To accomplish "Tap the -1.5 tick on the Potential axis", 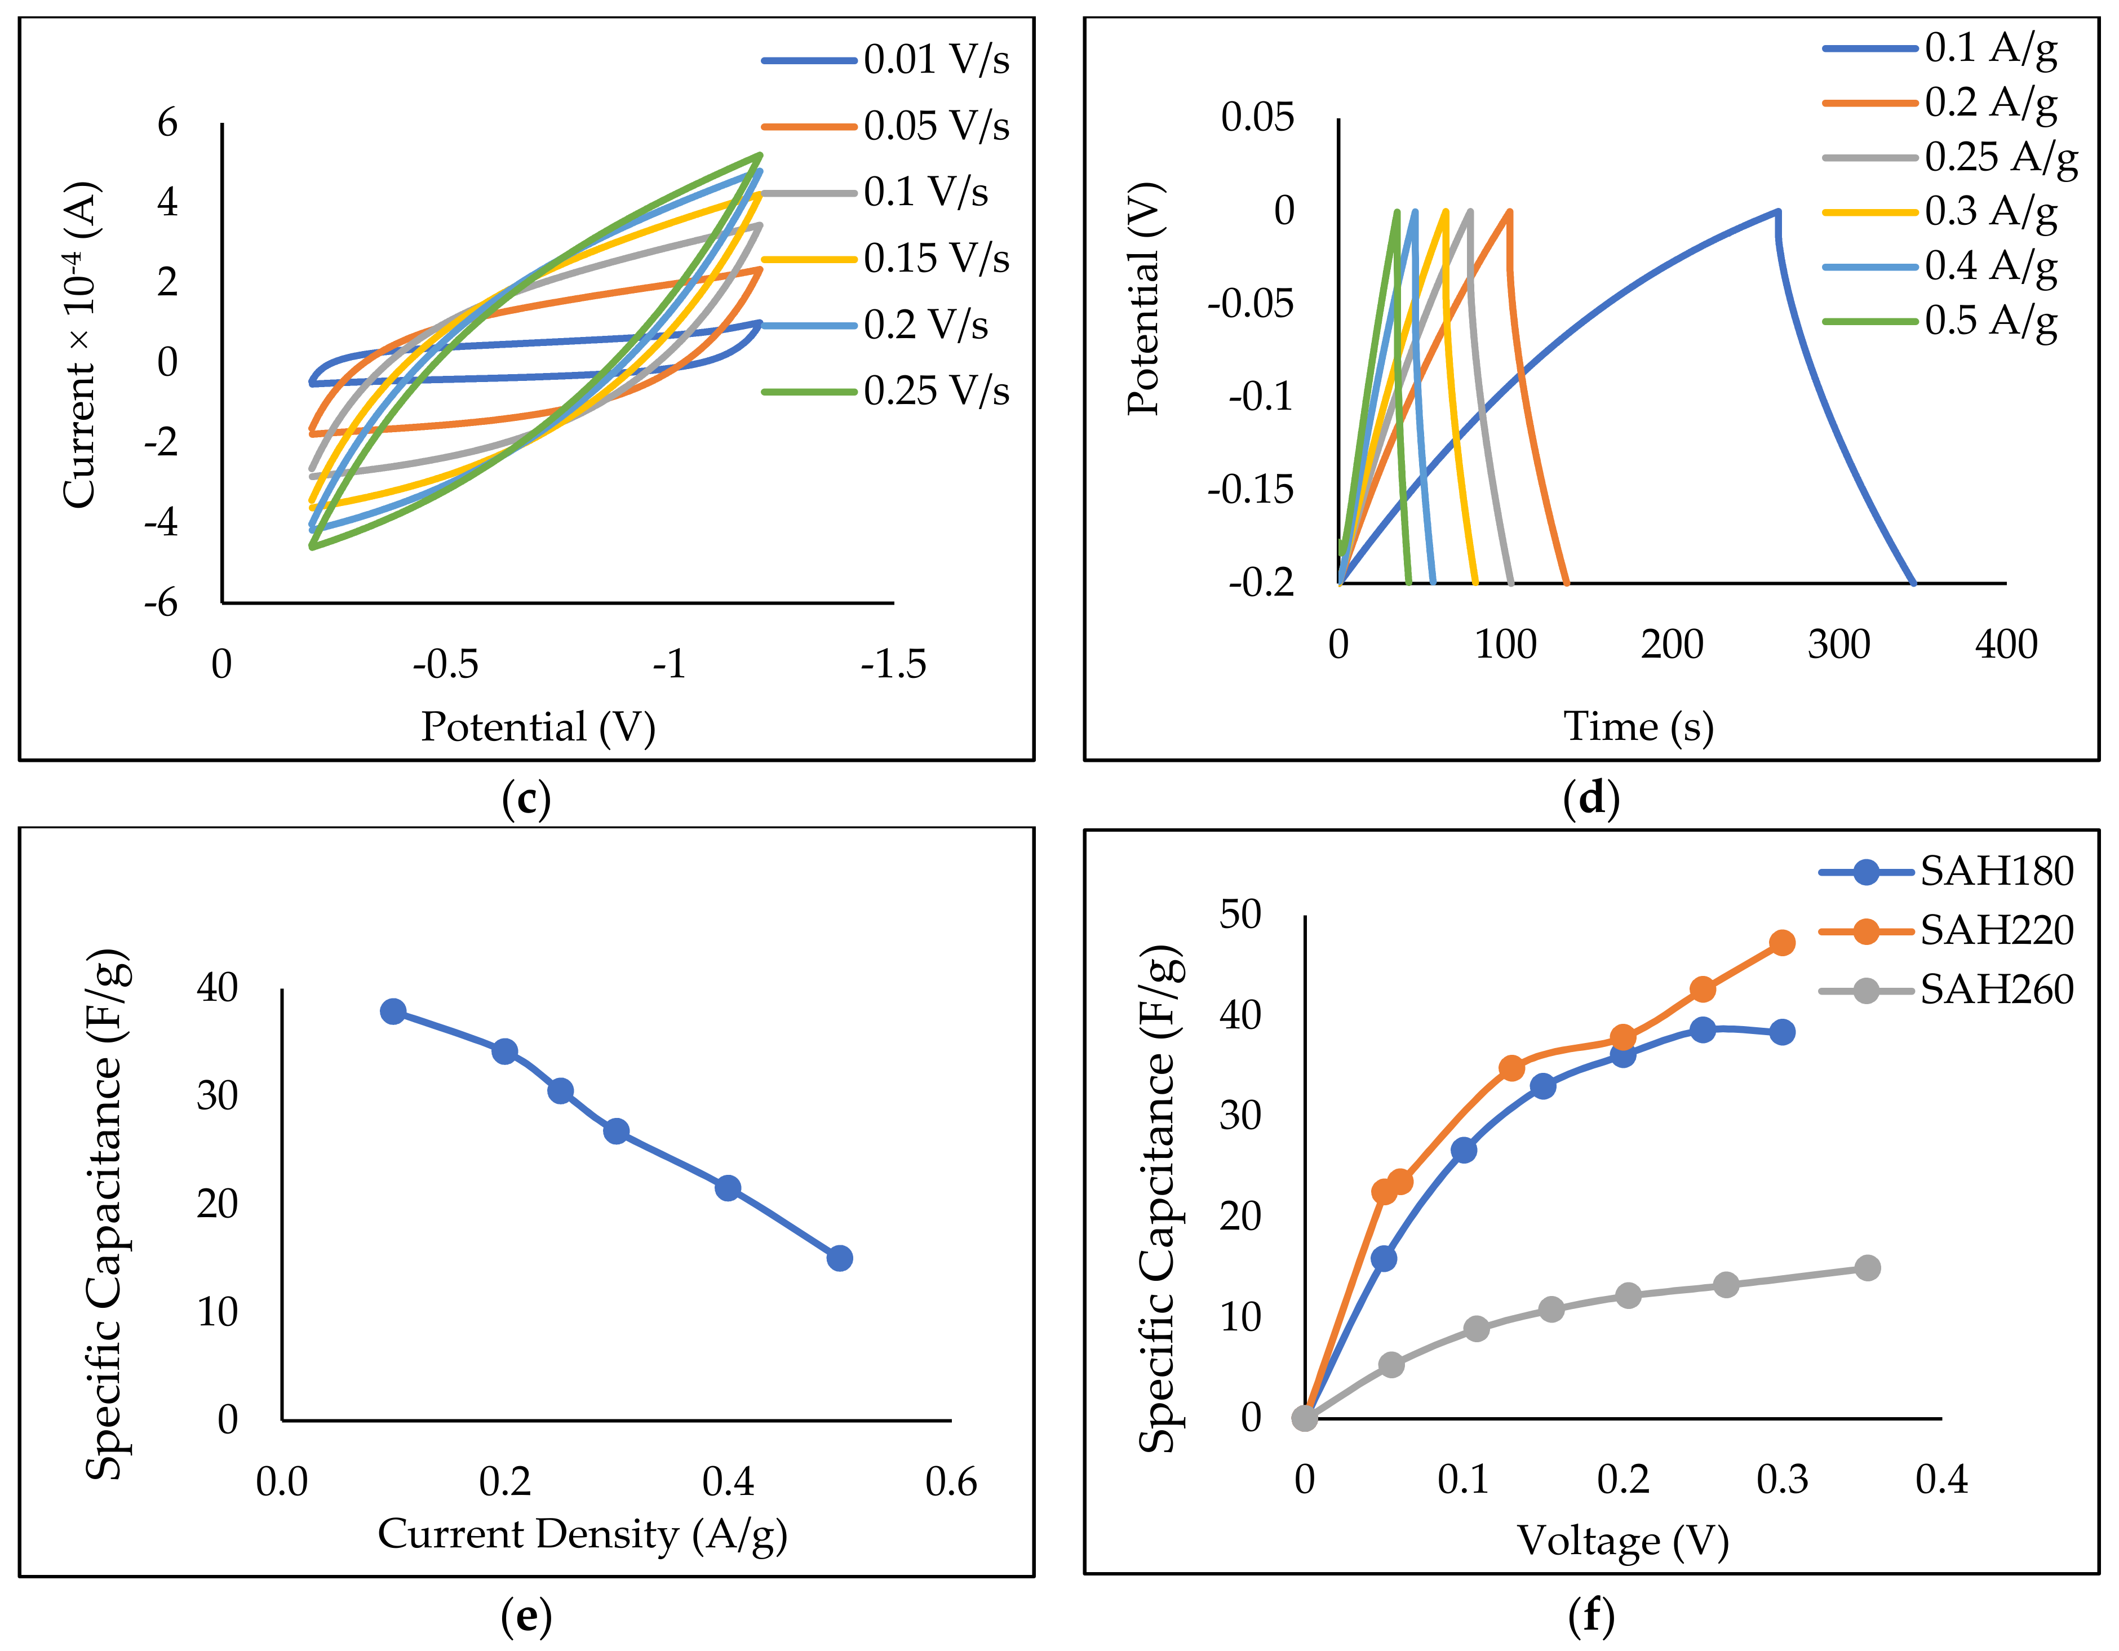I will [x=893, y=664].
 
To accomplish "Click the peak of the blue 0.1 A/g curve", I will [x=1777, y=211].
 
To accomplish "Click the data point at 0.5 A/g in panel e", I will [x=839, y=1258].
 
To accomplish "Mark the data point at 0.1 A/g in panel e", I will [x=393, y=1012].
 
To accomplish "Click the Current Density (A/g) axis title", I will [x=582, y=1534].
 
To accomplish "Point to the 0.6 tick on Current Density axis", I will [x=951, y=1481].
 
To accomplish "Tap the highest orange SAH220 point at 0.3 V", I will [x=1781, y=943].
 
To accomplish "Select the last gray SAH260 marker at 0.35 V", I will [x=1867, y=1268].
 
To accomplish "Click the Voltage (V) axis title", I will [x=1623, y=1541].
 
